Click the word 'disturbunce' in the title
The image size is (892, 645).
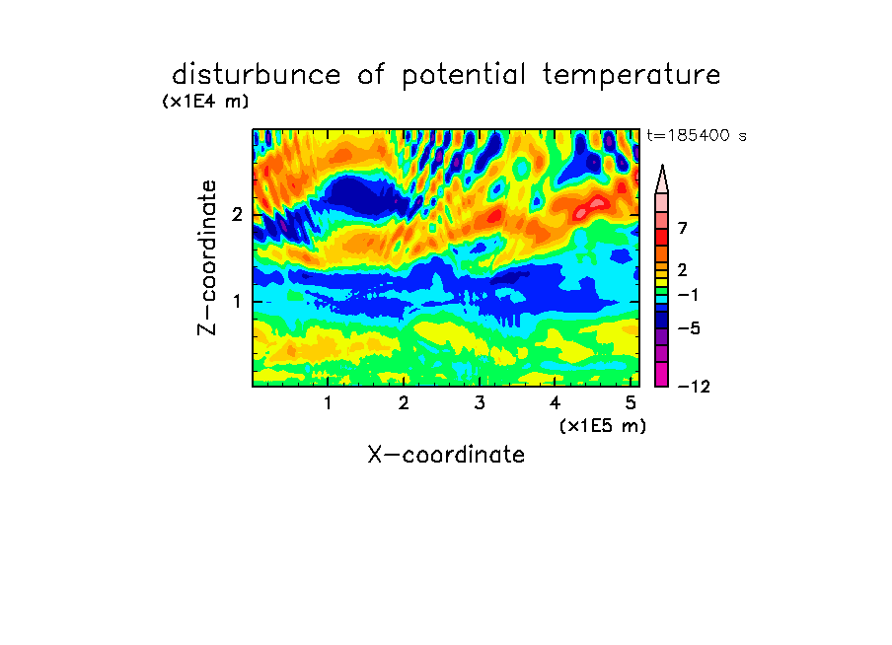click(257, 74)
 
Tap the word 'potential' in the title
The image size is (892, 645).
click(464, 75)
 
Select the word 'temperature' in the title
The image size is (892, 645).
click(632, 75)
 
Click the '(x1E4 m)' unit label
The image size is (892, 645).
click(205, 102)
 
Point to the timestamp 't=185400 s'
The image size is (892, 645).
click(697, 135)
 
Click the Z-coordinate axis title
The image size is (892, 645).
click(207, 257)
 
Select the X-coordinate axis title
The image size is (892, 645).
click(446, 455)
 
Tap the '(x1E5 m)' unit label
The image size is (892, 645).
click(603, 426)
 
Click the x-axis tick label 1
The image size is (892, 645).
click(328, 403)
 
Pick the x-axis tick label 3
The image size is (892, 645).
click(480, 403)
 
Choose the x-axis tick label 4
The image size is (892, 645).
click(555, 403)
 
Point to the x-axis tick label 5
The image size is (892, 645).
click(631, 403)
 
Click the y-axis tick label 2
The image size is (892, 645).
click(237, 215)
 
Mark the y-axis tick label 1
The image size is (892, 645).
click(237, 302)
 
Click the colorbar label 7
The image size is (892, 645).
click(683, 229)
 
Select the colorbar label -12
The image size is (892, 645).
click(694, 387)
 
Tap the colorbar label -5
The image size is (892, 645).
click(689, 328)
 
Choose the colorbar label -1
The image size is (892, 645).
click(688, 295)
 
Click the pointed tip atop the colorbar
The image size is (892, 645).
click(662, 166)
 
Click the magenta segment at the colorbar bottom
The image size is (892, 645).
click(662, 374)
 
